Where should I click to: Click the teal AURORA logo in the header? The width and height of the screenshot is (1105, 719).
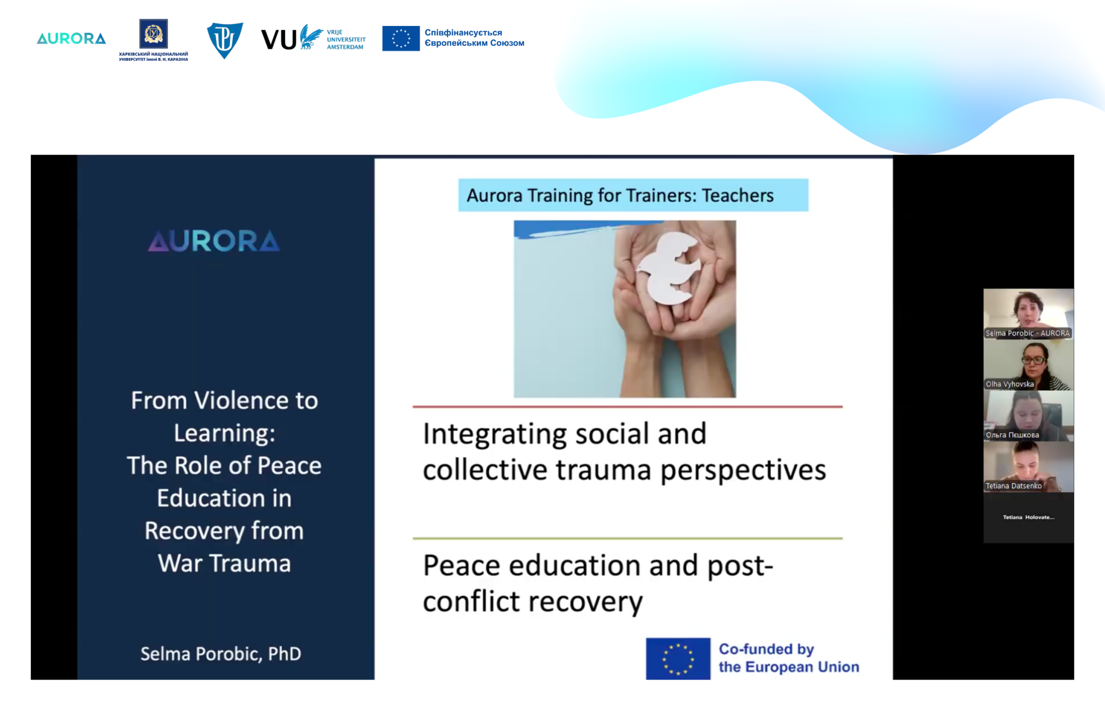71,38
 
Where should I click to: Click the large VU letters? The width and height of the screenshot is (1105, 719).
278,39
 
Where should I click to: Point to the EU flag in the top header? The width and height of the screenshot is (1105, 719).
401,38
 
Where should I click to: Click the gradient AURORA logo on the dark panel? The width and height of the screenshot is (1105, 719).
214,241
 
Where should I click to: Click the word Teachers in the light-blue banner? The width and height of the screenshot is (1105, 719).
737,196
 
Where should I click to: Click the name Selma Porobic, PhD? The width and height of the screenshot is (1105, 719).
221,654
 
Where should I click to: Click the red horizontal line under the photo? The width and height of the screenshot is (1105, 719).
627,407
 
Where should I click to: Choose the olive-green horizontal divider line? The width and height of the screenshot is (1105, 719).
627,539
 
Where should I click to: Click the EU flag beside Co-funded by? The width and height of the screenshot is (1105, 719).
678,659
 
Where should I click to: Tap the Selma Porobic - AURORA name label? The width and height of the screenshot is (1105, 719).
1027,333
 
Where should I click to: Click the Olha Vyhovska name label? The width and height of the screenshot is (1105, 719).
1009,384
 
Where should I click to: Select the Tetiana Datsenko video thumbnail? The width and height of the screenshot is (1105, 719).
1029,467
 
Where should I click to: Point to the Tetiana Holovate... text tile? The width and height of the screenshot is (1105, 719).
1029,517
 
